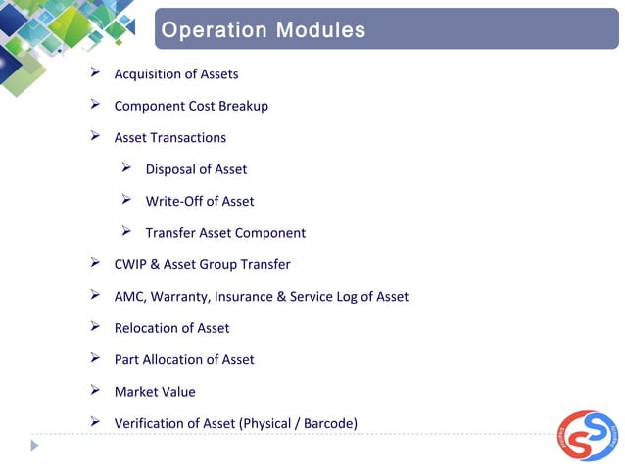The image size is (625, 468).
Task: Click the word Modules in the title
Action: pos(320,30)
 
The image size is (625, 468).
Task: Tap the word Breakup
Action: pos(243,106)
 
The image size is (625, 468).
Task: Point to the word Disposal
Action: pos(170,169)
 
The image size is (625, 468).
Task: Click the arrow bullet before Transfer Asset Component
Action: pos(126,232)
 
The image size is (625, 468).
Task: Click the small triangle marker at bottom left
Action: pos(35,445)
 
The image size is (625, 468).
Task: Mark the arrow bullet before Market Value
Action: pos(95,391)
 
